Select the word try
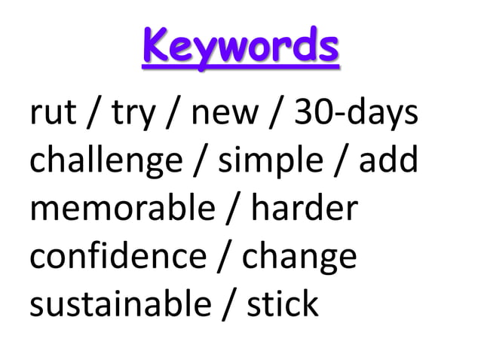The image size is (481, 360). coord(135,116)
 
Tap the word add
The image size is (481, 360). coord(388,160)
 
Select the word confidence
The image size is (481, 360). coord(117,256)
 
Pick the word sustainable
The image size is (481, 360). coord(121,304)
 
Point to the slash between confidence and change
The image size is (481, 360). coord(224,257)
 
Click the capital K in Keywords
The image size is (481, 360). coord(155,47)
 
